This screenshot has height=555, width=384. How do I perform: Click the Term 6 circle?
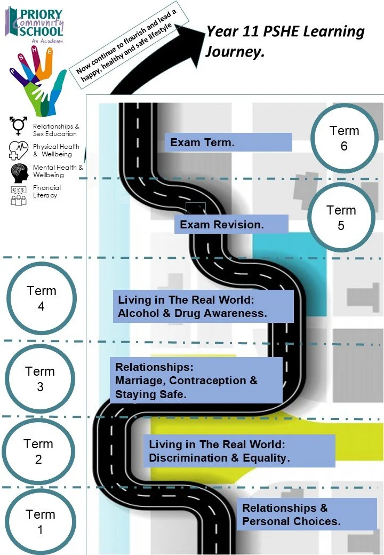click(x=344, y=138)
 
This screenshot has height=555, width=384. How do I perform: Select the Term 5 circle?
click(x=341, y=218)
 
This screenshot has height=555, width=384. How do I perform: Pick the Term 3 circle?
click(x=40, y=378)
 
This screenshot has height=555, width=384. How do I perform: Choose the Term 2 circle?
click(x=38, y=451)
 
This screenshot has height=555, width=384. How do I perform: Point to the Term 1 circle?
click(x=40, y=522)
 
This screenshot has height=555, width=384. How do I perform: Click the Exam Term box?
click(x=228, y=142)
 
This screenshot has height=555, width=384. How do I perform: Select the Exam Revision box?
click(x=231, y=224)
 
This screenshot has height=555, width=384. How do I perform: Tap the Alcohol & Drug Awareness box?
click(x=203, y=306)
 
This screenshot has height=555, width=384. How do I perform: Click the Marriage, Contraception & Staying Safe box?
click(x=198, y=380)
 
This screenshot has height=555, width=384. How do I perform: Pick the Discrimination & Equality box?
click(x=239, y=451)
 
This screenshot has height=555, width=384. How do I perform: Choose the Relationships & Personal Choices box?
click(x=306, y=514)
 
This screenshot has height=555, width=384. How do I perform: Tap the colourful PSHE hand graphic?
click(x=38, y=77)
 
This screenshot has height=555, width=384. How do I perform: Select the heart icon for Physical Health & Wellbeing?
click(x=19, y=150)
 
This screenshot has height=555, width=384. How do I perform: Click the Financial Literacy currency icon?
click(x=19, y=195)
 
